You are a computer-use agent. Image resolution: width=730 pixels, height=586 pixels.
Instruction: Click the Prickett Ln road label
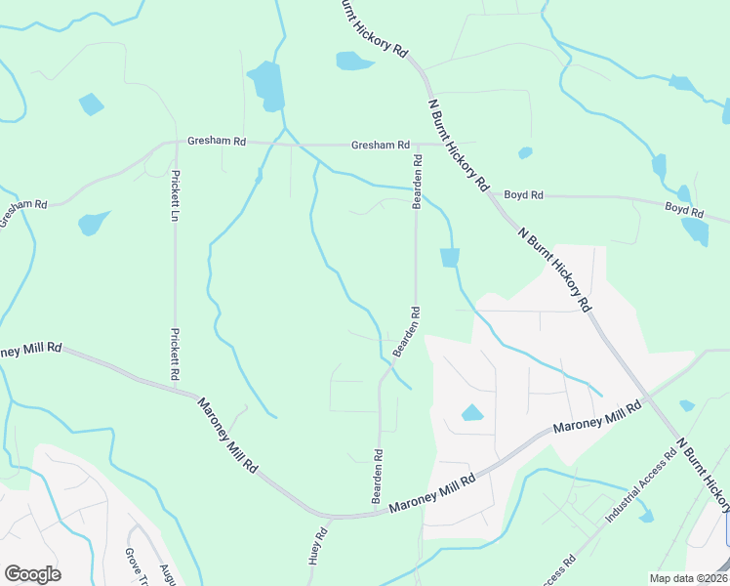176,195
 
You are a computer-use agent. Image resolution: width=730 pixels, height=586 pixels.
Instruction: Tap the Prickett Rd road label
176,354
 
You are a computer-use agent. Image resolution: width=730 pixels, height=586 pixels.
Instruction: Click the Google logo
32,573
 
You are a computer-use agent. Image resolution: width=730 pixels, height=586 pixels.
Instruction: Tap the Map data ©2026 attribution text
687,578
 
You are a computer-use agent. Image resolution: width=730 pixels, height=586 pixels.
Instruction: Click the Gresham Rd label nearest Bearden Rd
380,146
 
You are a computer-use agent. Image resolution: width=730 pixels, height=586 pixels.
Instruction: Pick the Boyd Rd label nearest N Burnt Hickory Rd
524,195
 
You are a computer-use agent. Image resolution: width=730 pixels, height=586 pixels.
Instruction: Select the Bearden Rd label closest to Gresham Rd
417,181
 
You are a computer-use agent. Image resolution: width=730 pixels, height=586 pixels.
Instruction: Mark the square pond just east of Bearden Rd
449,258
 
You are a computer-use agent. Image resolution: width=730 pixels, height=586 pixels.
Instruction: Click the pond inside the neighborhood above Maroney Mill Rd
472,412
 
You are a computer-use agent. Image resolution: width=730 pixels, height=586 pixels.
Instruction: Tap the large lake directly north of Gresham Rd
265,84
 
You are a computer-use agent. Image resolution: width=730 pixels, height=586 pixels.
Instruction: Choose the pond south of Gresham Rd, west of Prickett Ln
95,223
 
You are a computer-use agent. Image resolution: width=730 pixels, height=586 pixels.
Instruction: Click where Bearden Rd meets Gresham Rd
418,146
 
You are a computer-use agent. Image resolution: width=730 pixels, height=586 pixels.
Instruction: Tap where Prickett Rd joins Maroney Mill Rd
177,387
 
